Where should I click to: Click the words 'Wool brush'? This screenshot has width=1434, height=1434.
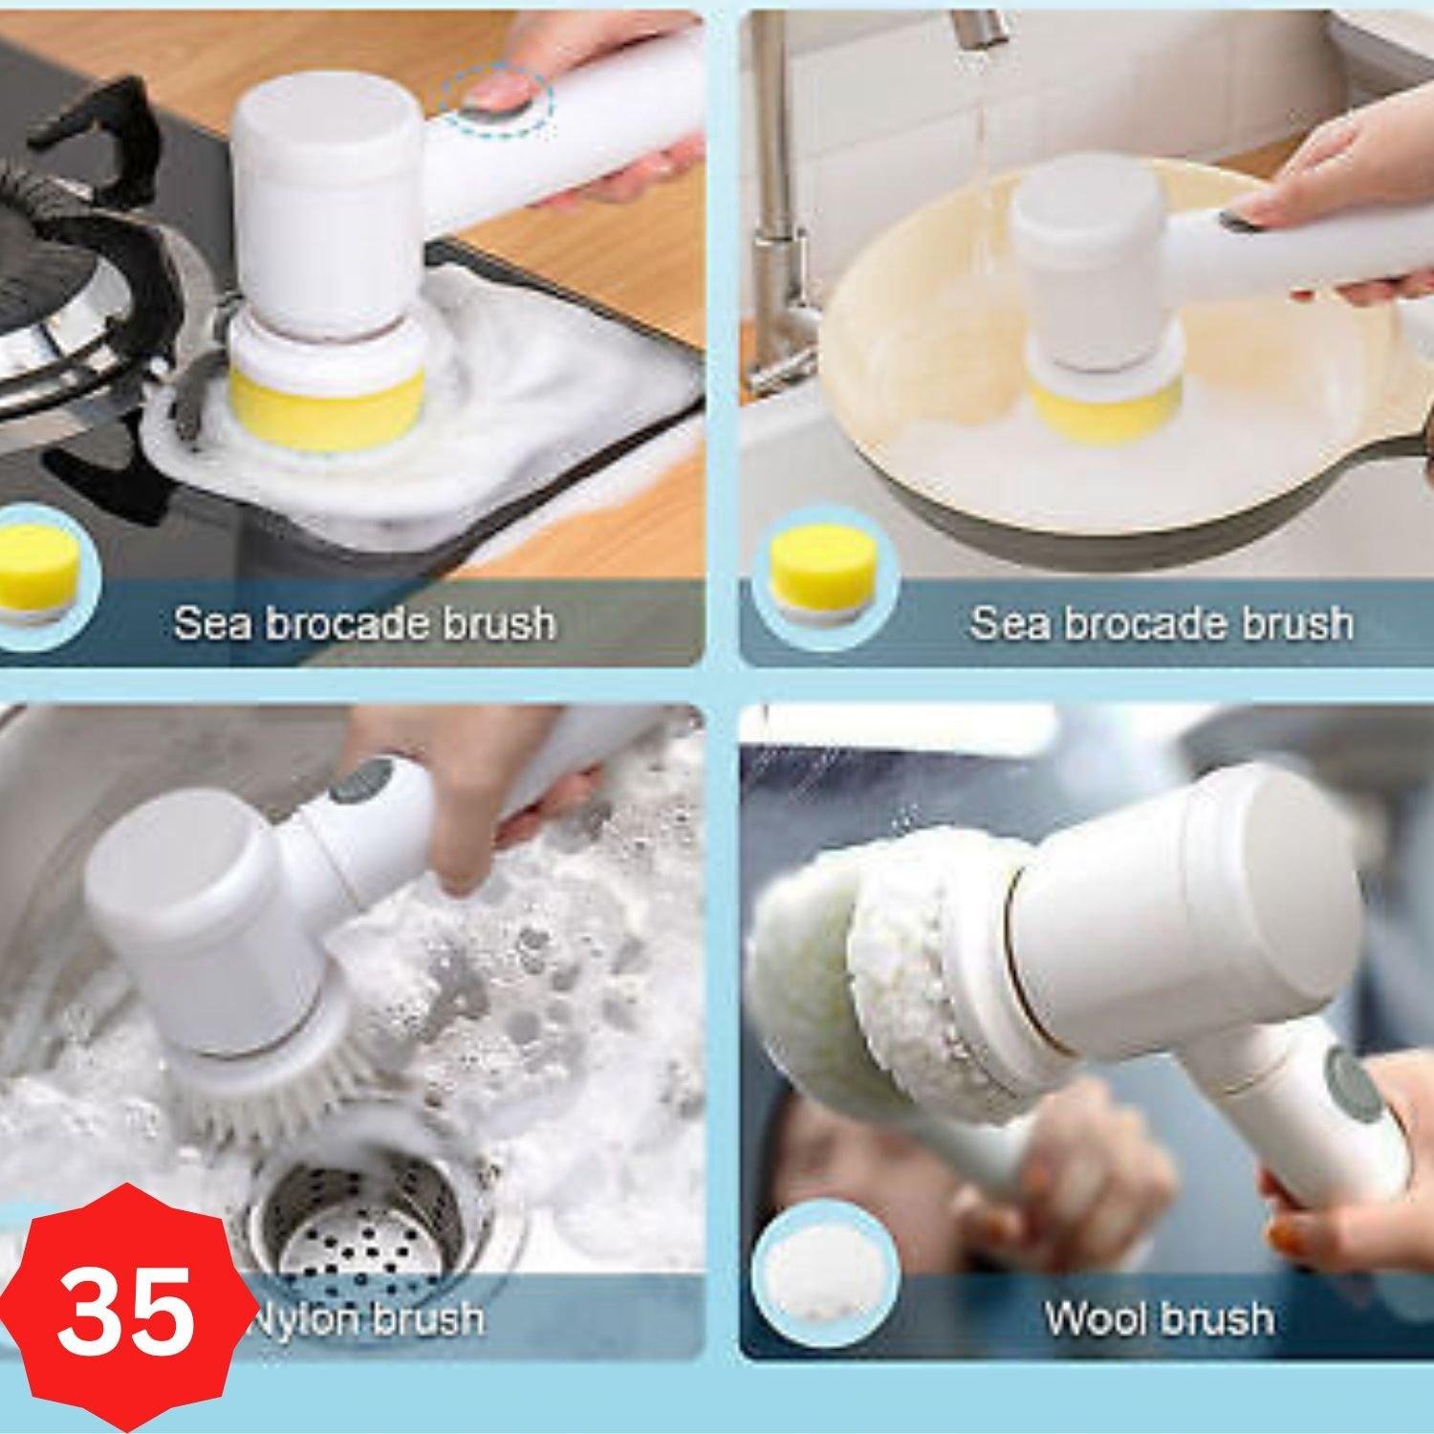point(1159,1319)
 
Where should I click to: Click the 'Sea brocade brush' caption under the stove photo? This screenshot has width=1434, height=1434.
point(363,622)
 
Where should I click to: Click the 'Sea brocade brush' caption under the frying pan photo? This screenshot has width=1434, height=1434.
point(1162,622)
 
